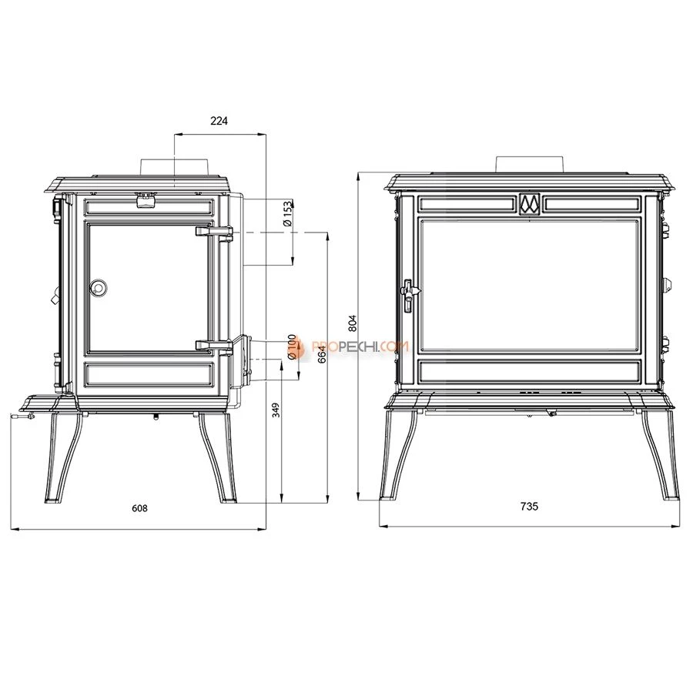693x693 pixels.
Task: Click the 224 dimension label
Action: pos(219,121)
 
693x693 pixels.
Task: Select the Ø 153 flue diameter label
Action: pos(288,214)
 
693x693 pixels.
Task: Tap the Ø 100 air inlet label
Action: pos(291,347)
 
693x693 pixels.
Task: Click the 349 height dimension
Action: pos(276,410)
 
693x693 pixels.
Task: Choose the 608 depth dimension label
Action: pos(139,508)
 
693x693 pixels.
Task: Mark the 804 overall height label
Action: pos(352,323)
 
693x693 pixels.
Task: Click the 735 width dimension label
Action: pos(529,507)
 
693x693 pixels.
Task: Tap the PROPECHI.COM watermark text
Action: pos(360,346)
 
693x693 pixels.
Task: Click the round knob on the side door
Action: pos(98,287)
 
